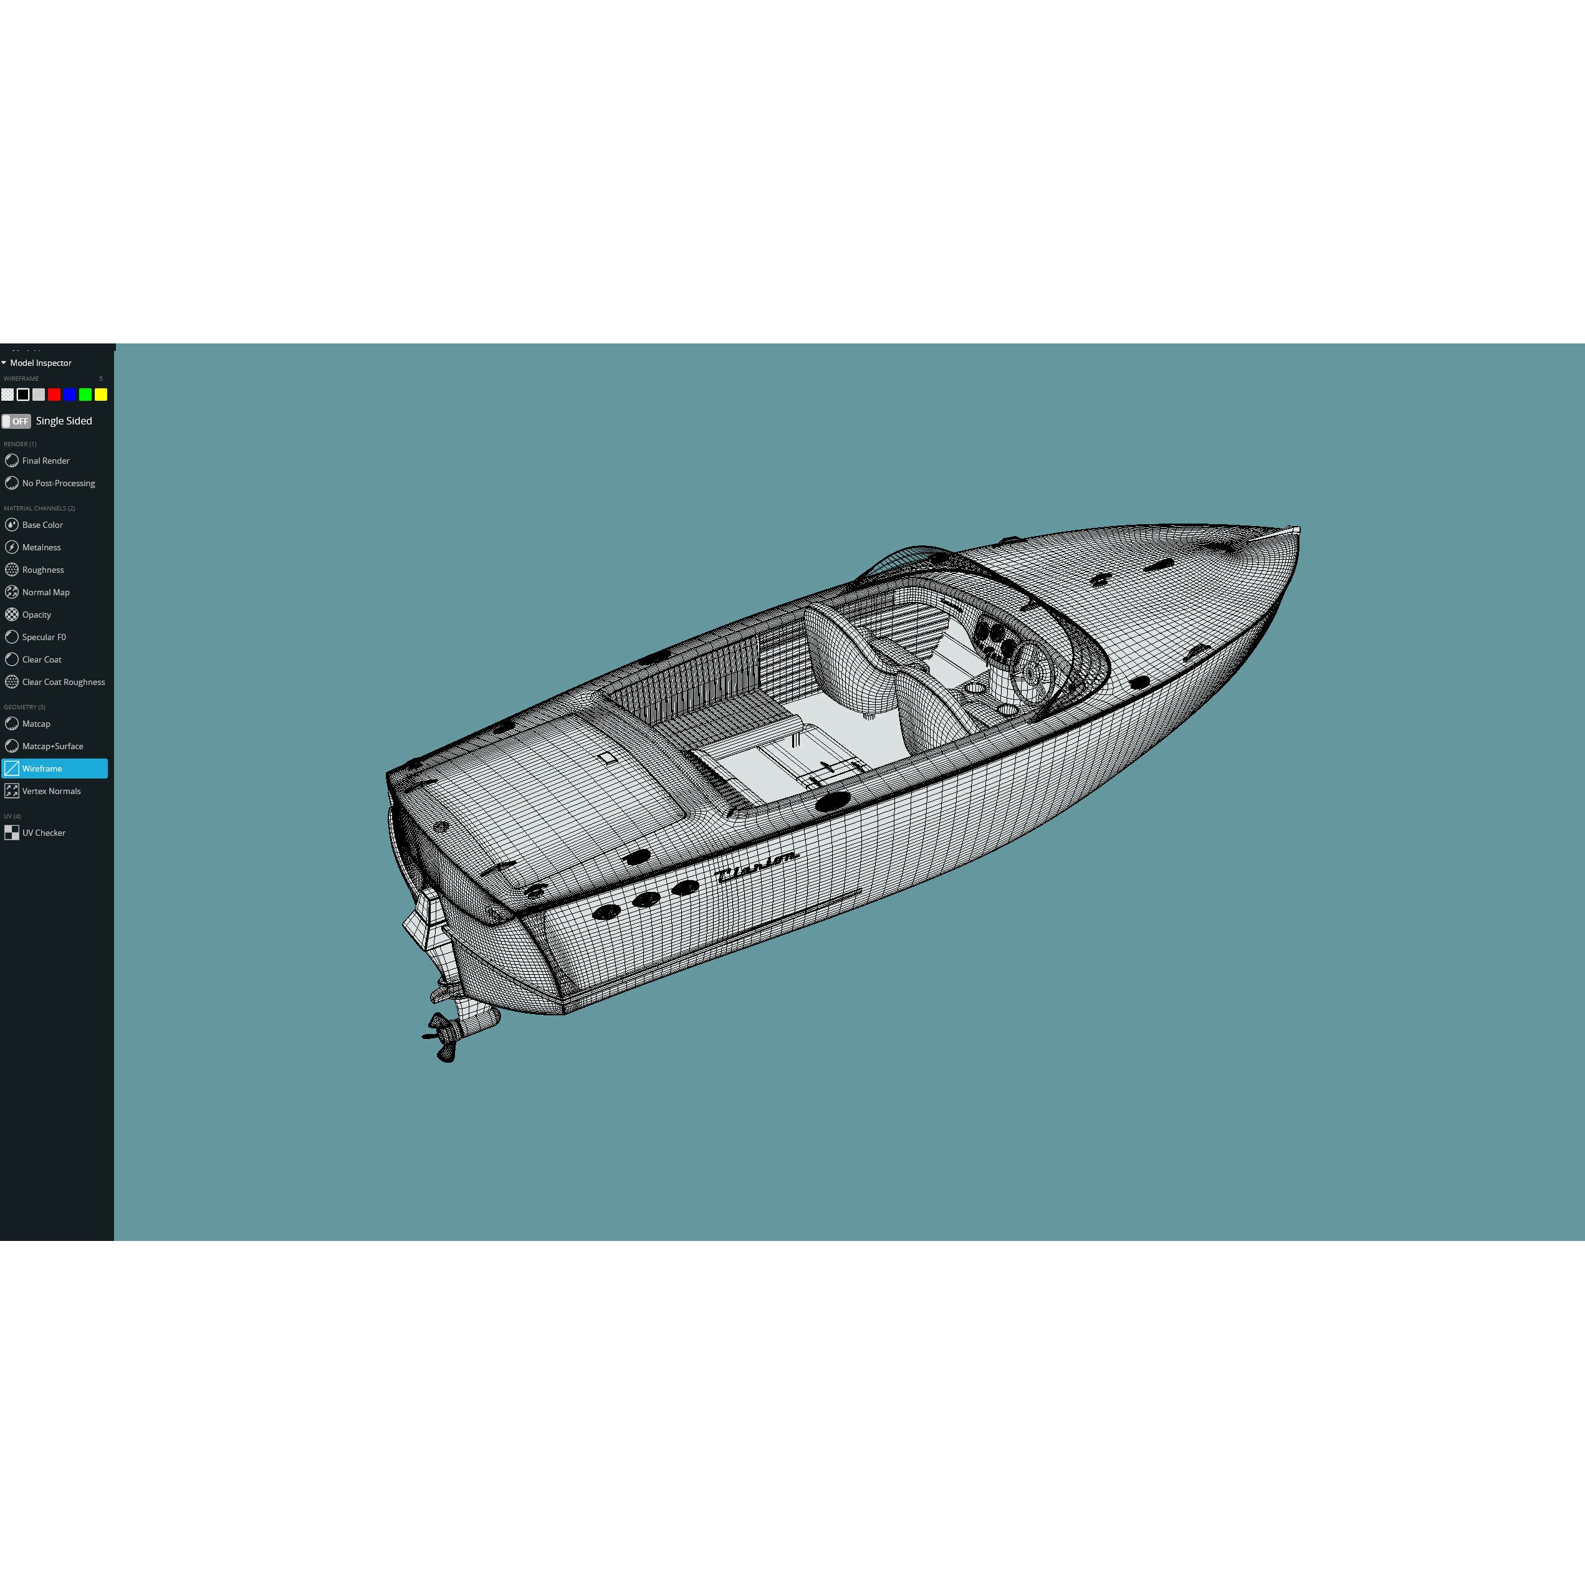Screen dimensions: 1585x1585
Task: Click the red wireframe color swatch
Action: (x=54, y=395)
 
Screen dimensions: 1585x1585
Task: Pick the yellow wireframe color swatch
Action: (x=101, y=395)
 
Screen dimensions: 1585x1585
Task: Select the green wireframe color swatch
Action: (x=85, y=395)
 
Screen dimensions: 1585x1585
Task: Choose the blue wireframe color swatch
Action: (x=70, y=395)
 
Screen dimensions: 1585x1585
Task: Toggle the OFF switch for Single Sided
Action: (x=16, y=421)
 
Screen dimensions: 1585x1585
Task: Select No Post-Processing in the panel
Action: (x=57, y=483)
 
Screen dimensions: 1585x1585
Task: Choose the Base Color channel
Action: (x=42, y=525)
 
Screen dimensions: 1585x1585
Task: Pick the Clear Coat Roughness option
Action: (x=63, y=682)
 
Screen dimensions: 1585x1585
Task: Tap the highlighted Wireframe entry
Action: (x=54, y=769)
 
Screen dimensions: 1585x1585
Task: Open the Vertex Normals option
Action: (x=51, y=791)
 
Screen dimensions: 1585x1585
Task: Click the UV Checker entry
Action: (x=44, y=833)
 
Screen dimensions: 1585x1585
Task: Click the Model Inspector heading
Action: (x=40, y=363)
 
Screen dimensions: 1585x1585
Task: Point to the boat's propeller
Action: (x=444, y=1036)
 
